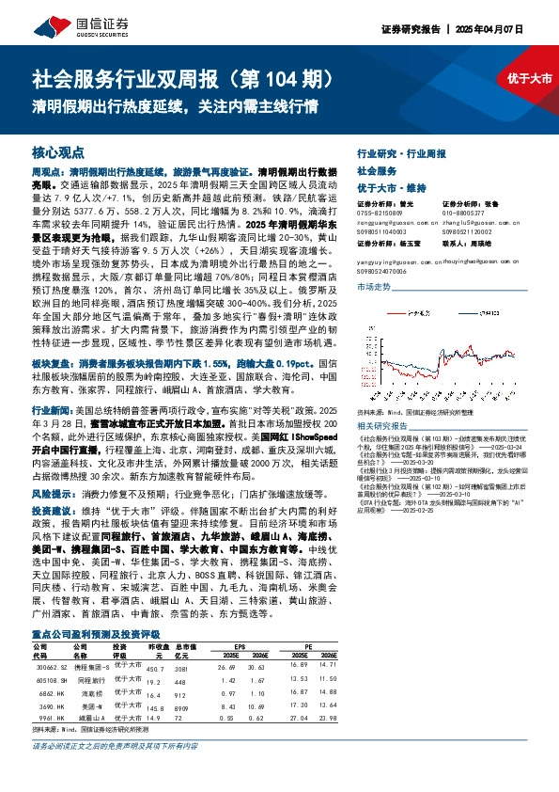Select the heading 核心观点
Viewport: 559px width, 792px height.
(x=58, y=150)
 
